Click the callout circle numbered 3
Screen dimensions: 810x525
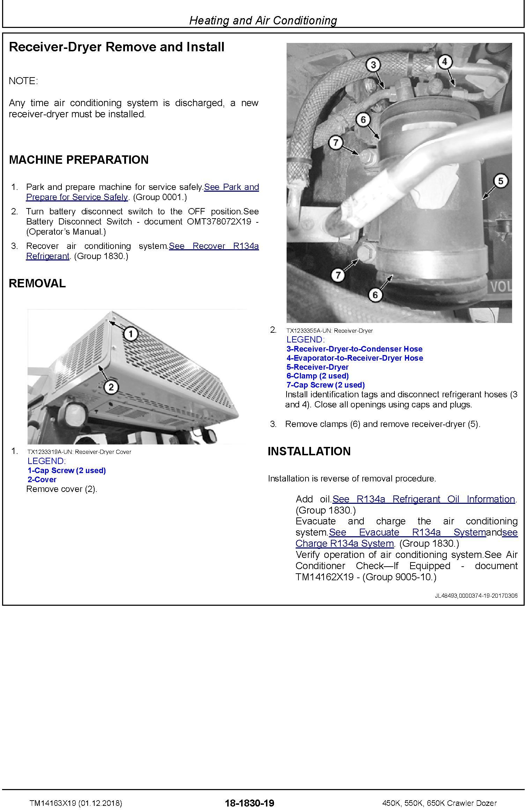(x=374, y=65)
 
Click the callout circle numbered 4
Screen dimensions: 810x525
(x=444, y=62)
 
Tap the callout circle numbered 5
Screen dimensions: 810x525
(x=501, y=181)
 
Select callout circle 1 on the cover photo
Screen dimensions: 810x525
(x=131, y=334)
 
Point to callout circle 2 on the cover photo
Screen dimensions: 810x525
(x=111, y=387)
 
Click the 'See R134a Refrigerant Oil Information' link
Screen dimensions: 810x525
(x=424, y=499)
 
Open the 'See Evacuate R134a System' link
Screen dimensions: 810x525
(x=407, y=532)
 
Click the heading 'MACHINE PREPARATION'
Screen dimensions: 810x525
(x=79, y=160)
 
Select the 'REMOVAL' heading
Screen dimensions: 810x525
(x=37, y=283)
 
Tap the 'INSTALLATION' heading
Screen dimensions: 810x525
(x=309, y=451)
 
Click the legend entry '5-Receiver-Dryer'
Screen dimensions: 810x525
(x=317, y=367)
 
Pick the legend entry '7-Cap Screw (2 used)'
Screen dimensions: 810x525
(x=325, y=385)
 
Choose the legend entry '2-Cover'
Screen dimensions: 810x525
(x=42, y=479)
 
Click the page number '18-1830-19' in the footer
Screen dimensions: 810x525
(x=250, y=803)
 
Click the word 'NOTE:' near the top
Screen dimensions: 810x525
(x=23, y=81)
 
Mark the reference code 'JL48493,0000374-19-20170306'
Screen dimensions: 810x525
(x=476, y=596)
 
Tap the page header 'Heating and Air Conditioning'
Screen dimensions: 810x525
(x=263, y=21)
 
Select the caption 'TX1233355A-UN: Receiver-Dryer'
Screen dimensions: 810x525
(x=329, y=331)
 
